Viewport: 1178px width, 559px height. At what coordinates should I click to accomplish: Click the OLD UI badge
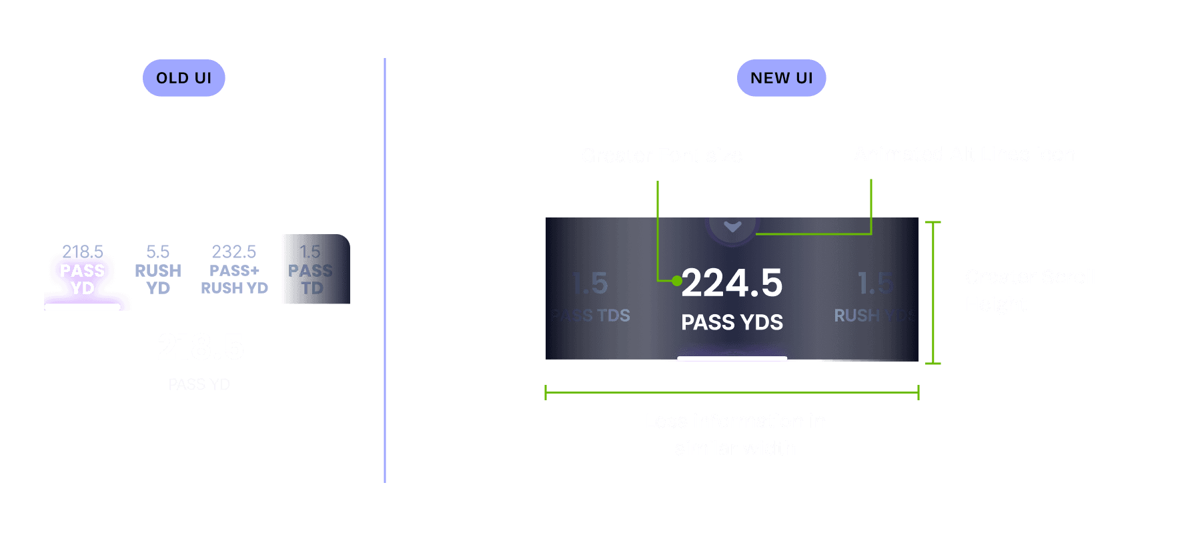(x=183, y=78)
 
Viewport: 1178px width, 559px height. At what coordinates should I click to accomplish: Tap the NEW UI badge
(x=781, y=78)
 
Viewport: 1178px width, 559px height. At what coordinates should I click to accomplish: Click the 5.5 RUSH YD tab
(x=158, y=270)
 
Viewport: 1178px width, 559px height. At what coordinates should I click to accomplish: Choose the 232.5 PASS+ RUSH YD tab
(x=234, y=270)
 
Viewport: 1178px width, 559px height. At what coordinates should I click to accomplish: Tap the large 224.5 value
(x=732, y=283)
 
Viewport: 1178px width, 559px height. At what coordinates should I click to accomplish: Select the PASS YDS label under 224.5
(x=732, y=323)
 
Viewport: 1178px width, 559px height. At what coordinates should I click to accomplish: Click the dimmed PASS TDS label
(x=590, y=316)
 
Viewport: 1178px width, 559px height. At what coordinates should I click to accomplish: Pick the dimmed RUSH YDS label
(x=874, y=316)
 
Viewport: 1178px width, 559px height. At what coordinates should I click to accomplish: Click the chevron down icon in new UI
(x=732, y=227)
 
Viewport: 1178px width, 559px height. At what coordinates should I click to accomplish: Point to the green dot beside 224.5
(x=676, y=281)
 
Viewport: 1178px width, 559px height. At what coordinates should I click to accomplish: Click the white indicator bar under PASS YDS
(x=732, y=358)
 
